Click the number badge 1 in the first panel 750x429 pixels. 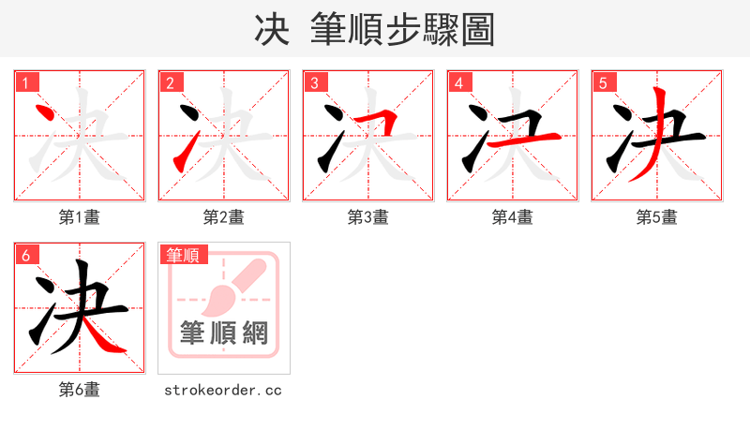point(26,82)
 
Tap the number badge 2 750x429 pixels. point(171,82)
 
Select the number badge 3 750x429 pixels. point(315,82)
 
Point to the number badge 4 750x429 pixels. point(459,82)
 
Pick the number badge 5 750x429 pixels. point(604,82)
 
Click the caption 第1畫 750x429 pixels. point(79,217)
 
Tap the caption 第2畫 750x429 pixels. point(223,217)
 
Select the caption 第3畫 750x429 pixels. point(367,217)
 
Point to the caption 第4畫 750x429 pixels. point(512,217)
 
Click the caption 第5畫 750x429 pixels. point(656,217)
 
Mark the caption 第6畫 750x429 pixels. point(79,390)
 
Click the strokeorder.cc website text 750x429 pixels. point(223,390)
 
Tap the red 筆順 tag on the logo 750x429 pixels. point(184,255)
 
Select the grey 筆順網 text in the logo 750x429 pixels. point(224,333)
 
